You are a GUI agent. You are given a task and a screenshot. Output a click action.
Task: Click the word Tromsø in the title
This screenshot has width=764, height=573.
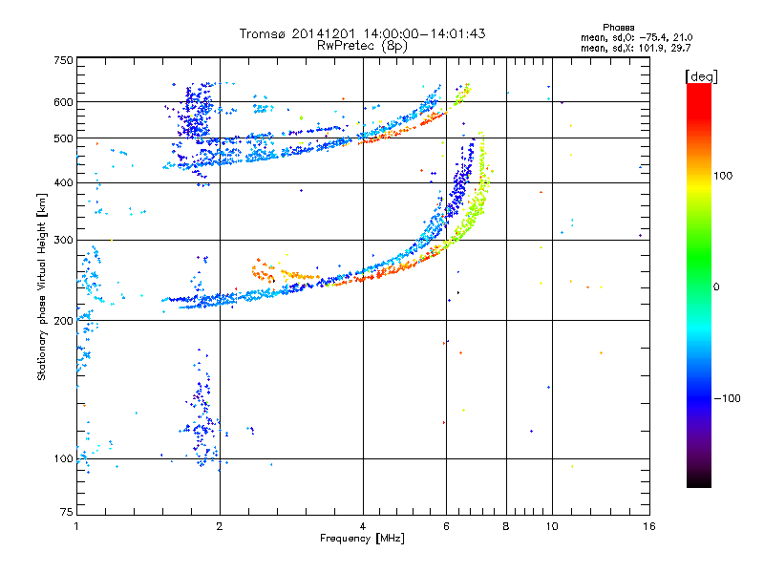[264, 33]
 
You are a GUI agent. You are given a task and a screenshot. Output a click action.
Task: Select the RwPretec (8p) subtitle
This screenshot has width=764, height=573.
[362, 46]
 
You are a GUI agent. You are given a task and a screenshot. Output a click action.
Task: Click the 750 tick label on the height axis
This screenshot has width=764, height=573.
[63, 60]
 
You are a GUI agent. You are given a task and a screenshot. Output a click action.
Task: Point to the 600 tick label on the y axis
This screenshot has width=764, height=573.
[63, 102]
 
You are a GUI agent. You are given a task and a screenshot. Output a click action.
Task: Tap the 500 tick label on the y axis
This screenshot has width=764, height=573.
[63, 138]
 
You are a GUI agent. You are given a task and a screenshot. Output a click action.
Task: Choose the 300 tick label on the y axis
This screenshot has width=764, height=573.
[63, 240]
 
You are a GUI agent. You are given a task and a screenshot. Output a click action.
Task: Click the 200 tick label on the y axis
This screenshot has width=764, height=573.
[63, 321]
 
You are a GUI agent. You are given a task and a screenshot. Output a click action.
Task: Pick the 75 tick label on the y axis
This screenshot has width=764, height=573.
[67, 512]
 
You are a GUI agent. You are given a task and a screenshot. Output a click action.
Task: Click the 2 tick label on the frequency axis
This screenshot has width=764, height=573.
[220, 526]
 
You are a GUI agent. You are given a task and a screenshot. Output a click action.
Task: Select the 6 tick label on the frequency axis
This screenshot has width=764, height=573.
[446, 526]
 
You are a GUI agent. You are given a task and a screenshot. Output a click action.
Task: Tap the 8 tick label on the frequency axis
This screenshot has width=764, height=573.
[506, 526]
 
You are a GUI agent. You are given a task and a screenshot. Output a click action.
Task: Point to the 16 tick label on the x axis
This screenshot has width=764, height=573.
[649, 526]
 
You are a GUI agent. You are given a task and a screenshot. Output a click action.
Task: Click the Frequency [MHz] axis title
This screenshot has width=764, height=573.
[362, 539]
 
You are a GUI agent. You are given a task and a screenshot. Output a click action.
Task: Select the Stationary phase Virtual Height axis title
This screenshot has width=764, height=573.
[42, 287]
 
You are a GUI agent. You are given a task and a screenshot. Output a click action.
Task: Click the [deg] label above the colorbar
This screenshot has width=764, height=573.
[701, 76]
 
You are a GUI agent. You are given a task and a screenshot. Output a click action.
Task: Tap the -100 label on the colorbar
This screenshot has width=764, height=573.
[727, 398]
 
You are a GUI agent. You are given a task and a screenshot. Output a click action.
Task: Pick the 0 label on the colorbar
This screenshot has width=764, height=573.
[716, 287]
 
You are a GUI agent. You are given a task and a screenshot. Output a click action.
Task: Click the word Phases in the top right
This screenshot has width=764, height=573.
[618, 28]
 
